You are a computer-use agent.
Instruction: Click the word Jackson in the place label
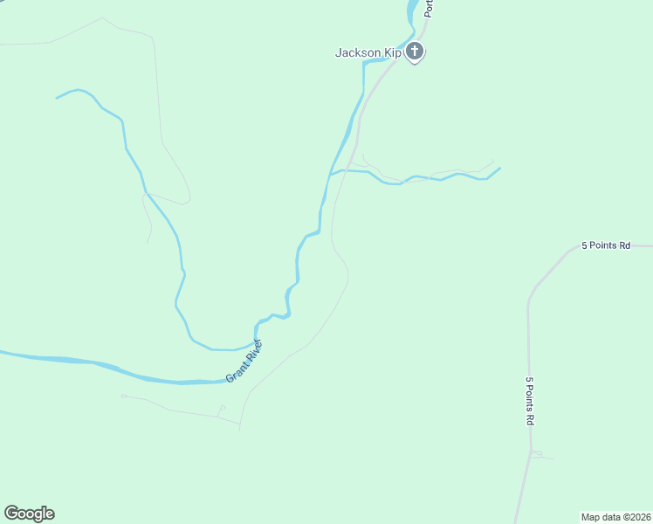pyautogui.click(x=358, y=53)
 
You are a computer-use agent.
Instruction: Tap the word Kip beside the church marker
pyautogui.click(x=392, y=53)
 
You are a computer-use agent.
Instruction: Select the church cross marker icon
pyautogui.click(x=416, y=52)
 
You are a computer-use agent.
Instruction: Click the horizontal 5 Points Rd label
pyautogui.click(x=606, y=246)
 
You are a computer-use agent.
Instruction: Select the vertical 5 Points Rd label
pyautogui.click(x=530, y=401)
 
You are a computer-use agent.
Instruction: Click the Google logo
pyautogui.click(x=29, y=514)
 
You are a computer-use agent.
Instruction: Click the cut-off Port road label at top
pyautogui.click(x=429, y=9)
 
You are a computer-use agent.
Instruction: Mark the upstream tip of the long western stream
pyautogui.click(x=57, y=97)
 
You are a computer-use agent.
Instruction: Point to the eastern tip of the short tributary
pyautogui.click(x=499, y=168)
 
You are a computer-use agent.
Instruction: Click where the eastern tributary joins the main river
pyautogui.click(x=329, y=175)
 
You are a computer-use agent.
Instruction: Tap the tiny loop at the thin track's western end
pyautogui.click(x=124, y=396)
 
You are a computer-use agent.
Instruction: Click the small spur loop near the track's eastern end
pyautogui.click(x=222, y=408)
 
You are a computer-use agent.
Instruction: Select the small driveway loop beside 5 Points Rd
pyautogui.click(x=537, y=453)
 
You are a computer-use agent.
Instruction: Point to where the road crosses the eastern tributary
pyautogui.click(x=346, y=170)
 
